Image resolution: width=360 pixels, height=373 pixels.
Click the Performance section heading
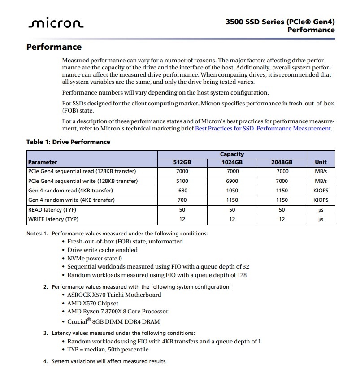coord(54,47)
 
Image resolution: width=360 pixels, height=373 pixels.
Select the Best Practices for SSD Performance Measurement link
coord(263,129)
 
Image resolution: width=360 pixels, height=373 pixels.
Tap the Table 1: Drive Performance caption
coord(68,142)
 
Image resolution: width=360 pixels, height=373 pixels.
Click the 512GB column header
coord(182,162)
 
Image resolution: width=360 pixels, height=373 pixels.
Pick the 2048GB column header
coord(282,162)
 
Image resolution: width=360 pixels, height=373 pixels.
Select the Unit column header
coord(321,162)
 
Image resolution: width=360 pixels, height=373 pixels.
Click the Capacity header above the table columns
coord(232,154)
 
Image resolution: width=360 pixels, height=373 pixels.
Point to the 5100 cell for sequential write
coord(182,181)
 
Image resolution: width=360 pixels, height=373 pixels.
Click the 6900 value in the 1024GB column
coord(232,181)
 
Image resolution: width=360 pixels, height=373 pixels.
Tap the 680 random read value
coord(182,191)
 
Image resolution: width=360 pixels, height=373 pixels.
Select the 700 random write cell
coord(182,200)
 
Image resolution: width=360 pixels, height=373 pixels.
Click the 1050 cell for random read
coord(232,191)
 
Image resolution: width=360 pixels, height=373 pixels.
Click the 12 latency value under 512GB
coord(182,219)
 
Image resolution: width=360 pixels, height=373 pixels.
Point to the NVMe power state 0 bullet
coord(95,259)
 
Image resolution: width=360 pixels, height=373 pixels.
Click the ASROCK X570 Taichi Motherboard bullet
coord(114,295)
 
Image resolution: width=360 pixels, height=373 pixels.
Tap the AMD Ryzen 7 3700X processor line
coord(117,312)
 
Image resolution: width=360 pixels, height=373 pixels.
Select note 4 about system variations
coord(109,361)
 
